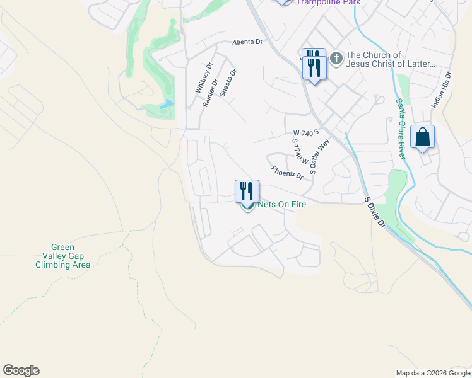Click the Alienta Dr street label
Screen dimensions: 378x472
[x=247, y=42]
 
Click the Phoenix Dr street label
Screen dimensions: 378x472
[x=288, y=172]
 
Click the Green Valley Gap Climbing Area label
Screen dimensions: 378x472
[x=62, y=256]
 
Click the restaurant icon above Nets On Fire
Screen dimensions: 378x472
[x=247, y=191]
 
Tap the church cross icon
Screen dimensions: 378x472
[x=336, y=59]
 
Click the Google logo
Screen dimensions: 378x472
[x=21, y=370]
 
